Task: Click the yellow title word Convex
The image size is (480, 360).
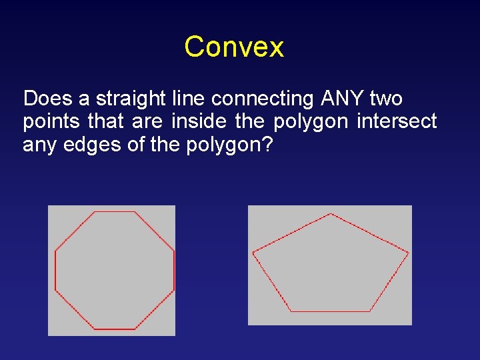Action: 234,47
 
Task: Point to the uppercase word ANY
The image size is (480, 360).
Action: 342,99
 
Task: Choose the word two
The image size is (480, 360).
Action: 385,99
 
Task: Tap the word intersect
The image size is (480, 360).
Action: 397,121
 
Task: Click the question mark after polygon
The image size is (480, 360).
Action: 267,144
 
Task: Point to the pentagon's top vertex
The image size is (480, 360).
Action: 331,214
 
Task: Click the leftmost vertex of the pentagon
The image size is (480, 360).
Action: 253,253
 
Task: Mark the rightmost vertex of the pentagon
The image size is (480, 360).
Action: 408,253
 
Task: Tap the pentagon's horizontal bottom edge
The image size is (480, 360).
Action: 330,311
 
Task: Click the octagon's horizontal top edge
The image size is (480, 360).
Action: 115,212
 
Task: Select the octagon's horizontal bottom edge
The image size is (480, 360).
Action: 115,329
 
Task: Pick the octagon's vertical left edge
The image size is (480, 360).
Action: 55,271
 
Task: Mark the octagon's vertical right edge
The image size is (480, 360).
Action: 174,271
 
